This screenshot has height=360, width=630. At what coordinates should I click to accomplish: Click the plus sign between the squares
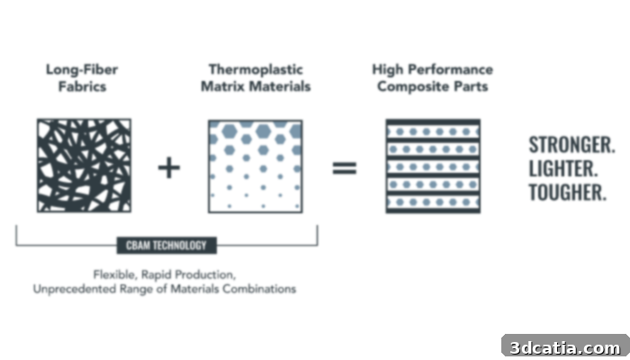click(x=169, y=167)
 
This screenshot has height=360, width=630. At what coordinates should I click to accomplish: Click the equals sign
click(x=345, y=168)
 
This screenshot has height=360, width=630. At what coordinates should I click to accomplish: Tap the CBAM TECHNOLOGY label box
click(x=166, y=245)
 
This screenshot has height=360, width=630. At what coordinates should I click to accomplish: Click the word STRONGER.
click(x=571, y=145)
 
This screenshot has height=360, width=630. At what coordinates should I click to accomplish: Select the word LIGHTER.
click(x=563, y=169)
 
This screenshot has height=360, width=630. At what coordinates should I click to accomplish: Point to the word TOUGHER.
click(x=567, y=193)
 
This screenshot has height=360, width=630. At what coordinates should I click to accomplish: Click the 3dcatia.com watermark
click(x=566, y=347)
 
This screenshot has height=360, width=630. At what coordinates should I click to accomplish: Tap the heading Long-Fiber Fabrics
click(x=82, y=78)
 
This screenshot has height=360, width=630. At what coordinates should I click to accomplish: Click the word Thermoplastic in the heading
click(x=256, y=69)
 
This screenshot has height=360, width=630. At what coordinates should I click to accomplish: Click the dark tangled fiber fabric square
click(x=84, y=165)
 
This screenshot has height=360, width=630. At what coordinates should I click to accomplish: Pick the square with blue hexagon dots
click(x=256, y=166)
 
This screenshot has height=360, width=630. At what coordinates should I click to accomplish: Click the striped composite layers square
click(x=433, y=166)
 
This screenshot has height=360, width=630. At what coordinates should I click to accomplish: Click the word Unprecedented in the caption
click(x=75, y=289)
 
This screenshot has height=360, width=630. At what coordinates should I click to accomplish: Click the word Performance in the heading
click(x=451, y=69)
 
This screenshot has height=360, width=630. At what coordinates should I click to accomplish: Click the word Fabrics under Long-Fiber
click(x=83, y=86)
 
